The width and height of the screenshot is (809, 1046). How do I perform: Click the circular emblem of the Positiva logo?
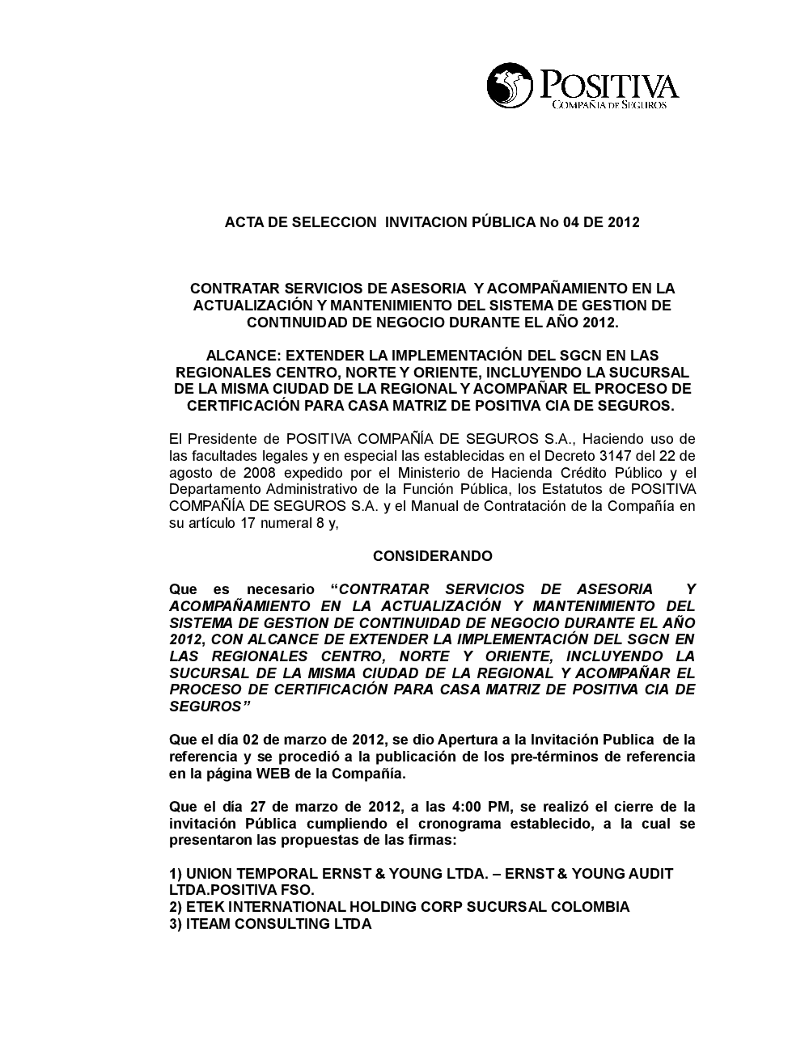pos(510,86)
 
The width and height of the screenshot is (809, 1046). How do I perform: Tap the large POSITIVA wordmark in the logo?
pos(608,85)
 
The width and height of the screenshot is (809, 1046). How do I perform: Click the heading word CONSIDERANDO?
pos(432,556)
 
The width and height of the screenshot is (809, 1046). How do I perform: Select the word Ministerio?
pos(418,473)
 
